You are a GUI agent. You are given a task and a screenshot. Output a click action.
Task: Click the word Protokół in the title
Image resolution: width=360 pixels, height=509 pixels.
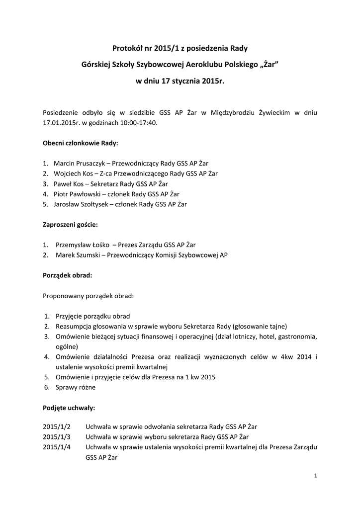(126, 48)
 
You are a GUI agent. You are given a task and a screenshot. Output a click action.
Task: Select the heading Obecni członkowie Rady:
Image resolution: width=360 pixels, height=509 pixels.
(81, 143)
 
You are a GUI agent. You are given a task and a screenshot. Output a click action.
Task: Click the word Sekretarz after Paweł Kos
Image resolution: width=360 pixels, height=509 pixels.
(110, 184)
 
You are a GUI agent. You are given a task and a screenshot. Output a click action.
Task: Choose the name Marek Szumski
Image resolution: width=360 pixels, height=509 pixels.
(76, 255)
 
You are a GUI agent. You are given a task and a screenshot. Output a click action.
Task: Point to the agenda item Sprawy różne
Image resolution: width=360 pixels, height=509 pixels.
(75, 387)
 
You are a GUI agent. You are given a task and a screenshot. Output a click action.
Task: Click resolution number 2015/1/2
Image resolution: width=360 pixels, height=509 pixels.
(57, 427)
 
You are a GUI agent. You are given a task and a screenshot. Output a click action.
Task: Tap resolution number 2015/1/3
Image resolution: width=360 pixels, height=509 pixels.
(57, 437)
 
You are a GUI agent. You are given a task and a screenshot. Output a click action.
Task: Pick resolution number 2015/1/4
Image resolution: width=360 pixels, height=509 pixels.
(57, 447)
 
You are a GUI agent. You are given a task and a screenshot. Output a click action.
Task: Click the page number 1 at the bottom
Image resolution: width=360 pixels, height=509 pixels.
(316, 476)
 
